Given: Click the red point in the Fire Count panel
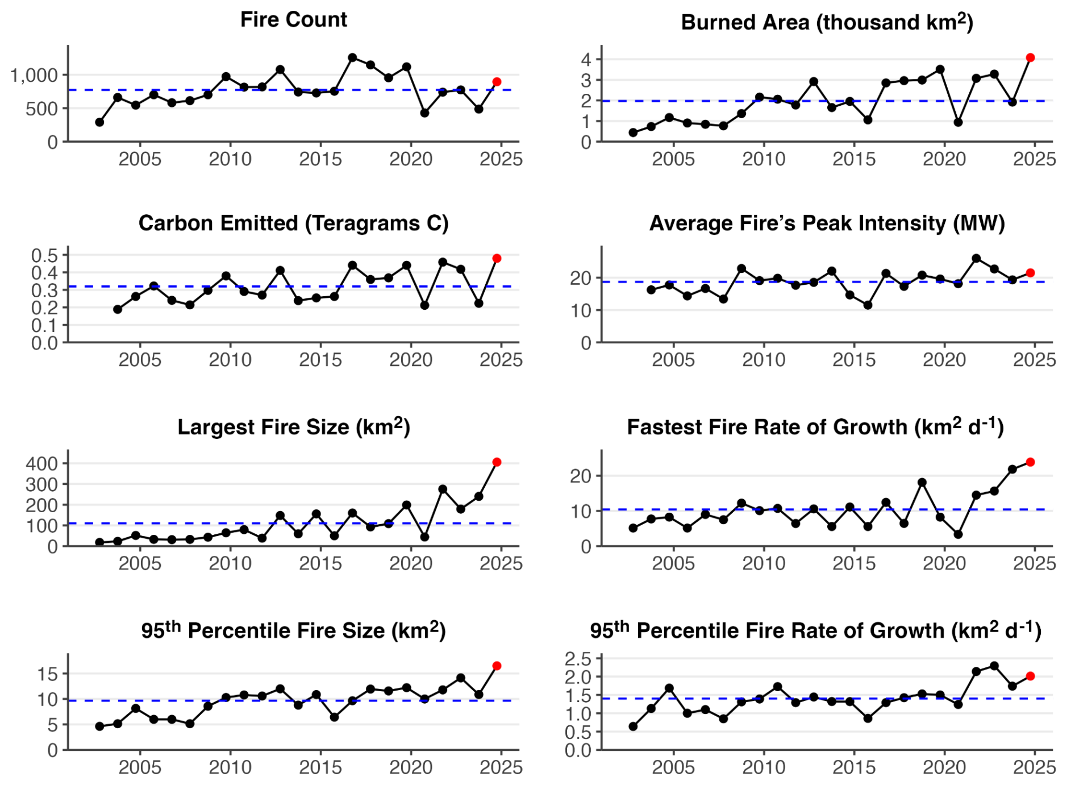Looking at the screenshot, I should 497,82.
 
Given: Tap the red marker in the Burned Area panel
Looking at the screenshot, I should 1030,58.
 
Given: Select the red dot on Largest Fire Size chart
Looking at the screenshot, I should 497,462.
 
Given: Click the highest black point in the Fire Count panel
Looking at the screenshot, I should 352,57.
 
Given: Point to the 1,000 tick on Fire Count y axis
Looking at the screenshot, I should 34,75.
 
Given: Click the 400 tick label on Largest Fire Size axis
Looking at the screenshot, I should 41,463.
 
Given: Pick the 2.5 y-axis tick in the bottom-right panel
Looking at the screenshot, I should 578,659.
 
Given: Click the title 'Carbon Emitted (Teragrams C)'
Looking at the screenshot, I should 293,223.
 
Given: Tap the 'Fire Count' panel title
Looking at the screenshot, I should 293,19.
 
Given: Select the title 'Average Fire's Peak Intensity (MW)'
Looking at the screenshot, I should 827,223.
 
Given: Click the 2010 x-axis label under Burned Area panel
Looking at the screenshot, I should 764,159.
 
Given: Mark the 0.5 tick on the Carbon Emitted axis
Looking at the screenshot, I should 44,255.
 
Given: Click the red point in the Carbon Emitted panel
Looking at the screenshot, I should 497,259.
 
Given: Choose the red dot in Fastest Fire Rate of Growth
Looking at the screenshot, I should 1030,462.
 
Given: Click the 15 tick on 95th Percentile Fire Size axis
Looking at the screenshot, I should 48,674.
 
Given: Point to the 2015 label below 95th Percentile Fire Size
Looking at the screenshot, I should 320,767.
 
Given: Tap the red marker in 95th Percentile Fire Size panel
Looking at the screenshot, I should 497,666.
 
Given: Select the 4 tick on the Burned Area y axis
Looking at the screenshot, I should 586,59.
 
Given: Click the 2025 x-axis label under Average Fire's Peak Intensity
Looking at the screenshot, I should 1034,360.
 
